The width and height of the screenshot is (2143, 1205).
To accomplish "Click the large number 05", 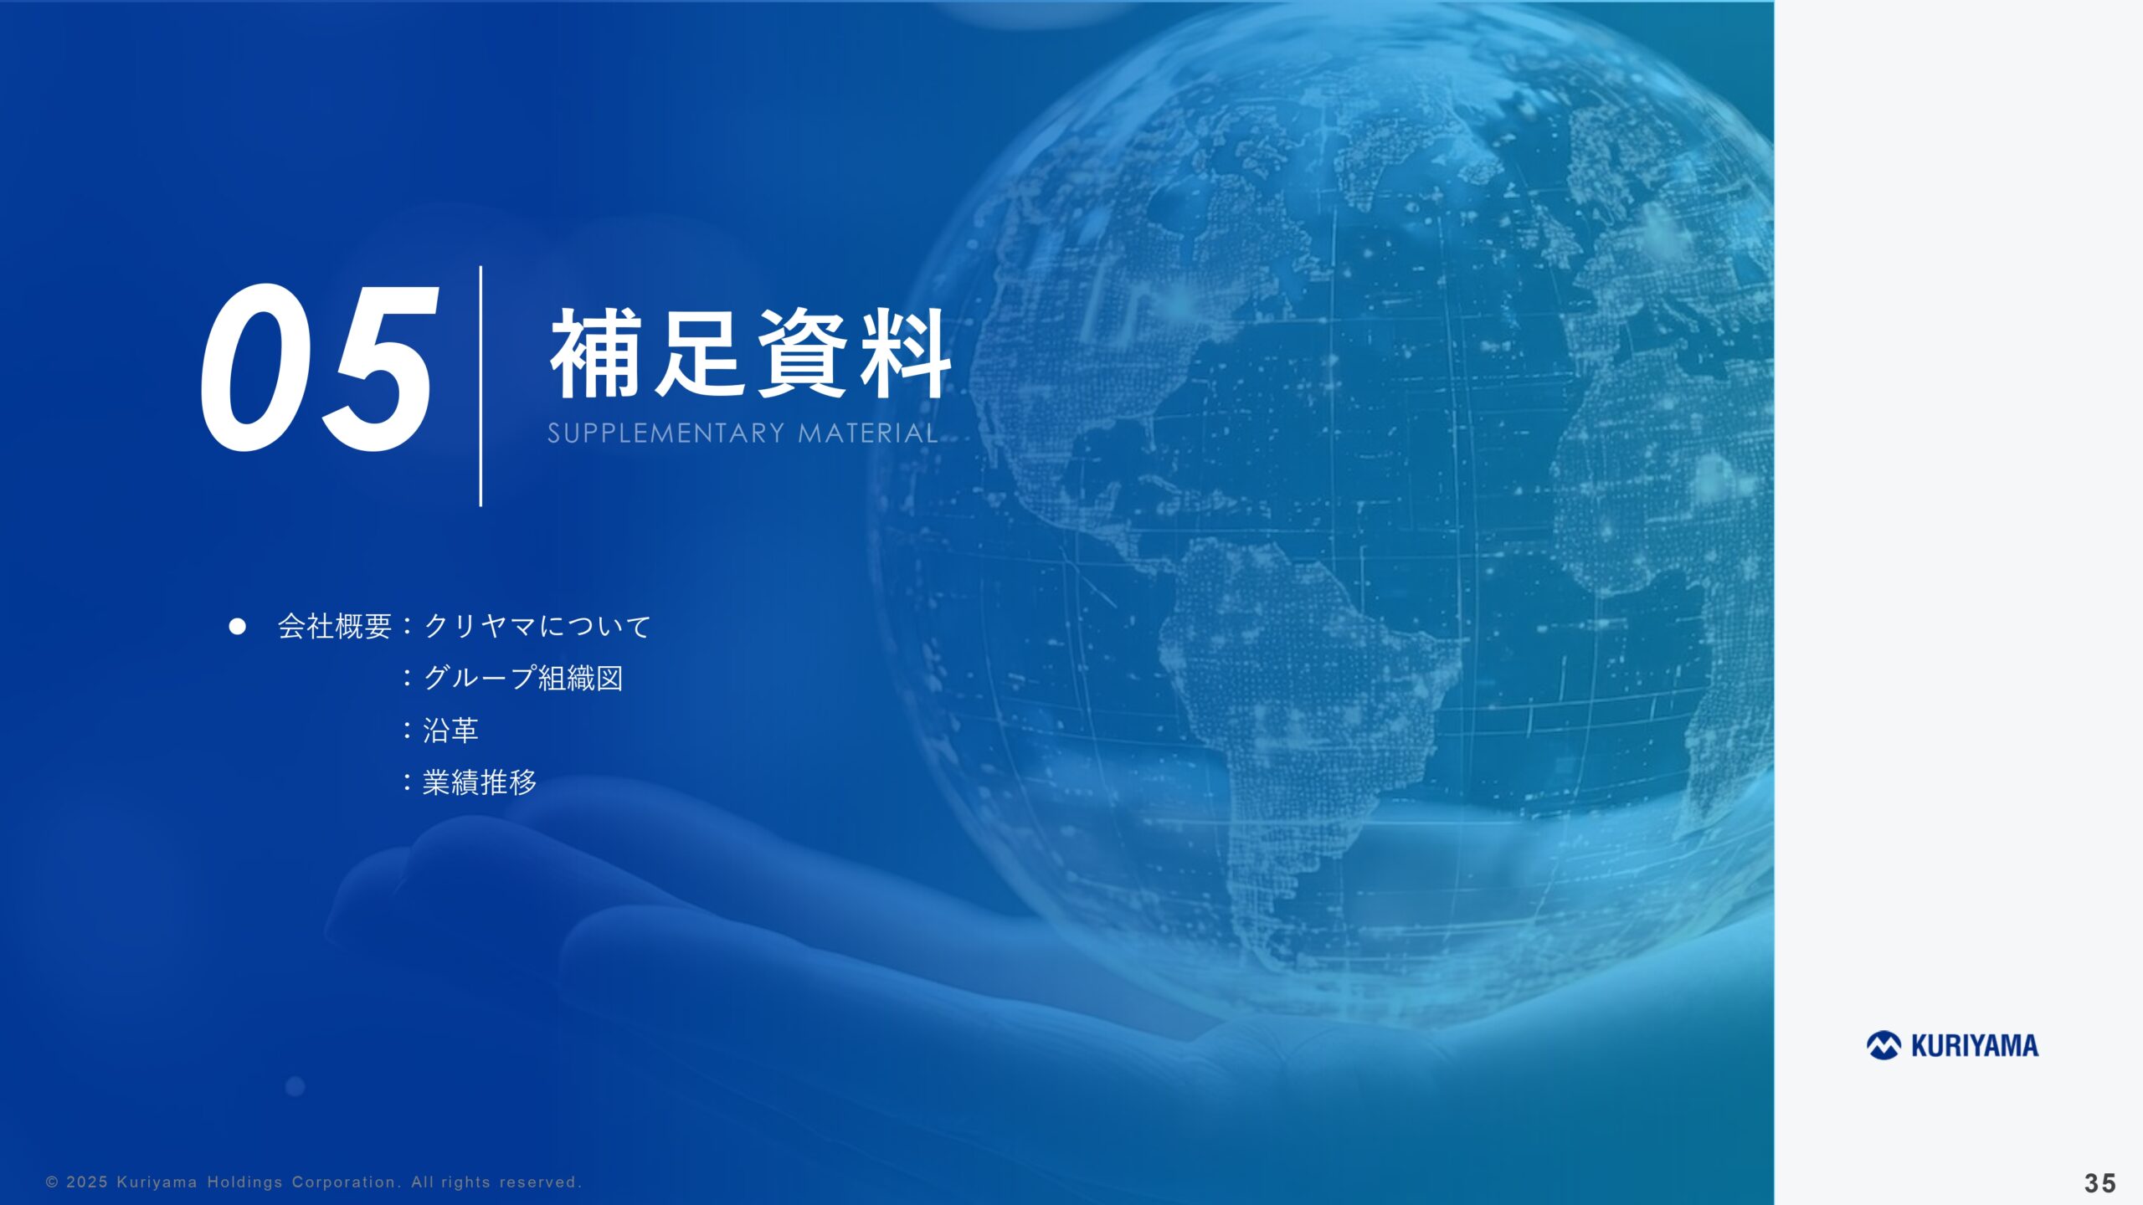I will coord(318,368).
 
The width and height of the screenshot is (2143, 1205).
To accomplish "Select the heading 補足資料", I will coord(749,353).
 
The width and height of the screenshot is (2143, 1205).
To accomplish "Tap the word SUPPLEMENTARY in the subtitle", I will coord(666,433).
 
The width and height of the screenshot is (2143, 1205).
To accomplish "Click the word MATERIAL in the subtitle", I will coord(867,433).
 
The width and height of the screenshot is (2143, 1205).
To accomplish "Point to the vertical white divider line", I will coord(481,386).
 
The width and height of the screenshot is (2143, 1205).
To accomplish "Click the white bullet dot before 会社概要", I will coord(238,626).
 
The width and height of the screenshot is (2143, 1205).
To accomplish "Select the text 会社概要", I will coord(334,626).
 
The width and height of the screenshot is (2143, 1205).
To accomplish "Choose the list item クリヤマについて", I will coord(537,626).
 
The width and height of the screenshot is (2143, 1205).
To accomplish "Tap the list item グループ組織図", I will coord(523,678).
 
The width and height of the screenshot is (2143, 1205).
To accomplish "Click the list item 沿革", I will coord(450,731).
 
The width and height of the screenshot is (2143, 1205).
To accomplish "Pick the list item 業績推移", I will coord(479,782).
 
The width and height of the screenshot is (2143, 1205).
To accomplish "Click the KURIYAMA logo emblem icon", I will coord(1883,1045).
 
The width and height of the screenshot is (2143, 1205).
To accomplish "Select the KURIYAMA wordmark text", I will coord(1975,1046).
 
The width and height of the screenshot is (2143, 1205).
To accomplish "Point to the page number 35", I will coord(2100,1182).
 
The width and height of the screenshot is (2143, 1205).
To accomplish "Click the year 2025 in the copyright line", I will coord(87,1182).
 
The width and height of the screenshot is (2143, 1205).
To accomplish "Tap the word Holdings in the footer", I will coord(245,1182).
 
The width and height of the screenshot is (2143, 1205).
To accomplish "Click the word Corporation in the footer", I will coord(344,1182).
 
